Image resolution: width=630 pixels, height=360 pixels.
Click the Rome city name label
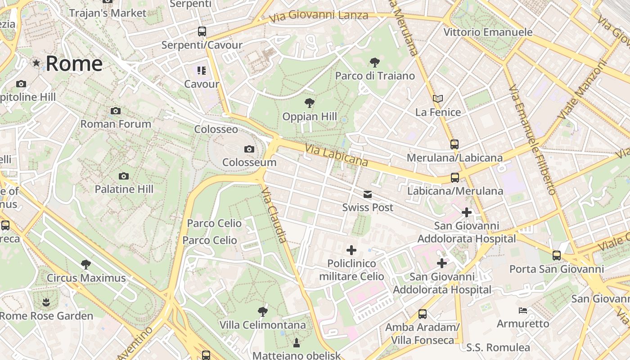point(74,63)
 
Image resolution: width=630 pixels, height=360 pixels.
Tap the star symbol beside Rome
point(36,63)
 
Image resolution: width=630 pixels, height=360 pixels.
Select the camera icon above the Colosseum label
point(249,149)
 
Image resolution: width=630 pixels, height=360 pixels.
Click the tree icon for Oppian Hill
point(309,103)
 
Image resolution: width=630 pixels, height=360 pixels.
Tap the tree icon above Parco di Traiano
point(374,62)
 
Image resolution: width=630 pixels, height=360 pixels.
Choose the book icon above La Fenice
point(438,99)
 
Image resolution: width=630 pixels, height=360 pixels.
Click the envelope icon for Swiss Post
point(368,194)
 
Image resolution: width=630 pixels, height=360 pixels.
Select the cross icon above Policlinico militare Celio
point(351,250)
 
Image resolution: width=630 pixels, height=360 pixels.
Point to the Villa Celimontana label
point(262,325)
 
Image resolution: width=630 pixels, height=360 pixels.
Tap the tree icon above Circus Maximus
point(86,265)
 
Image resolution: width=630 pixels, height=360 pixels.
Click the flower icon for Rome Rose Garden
point(46,302)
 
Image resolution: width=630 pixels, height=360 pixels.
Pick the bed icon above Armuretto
point(523,310)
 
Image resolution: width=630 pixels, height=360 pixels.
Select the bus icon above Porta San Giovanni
point(557,256)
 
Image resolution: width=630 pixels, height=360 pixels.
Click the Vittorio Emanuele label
point(488,32)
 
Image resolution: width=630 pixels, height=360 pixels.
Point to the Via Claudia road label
point(274,215)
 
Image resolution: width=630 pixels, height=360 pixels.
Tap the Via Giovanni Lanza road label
point(319,16)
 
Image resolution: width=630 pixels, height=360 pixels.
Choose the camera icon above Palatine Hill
point(124,176)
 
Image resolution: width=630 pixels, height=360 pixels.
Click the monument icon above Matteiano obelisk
point(297,343)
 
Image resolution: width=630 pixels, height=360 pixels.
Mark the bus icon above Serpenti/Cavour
point(202,31)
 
